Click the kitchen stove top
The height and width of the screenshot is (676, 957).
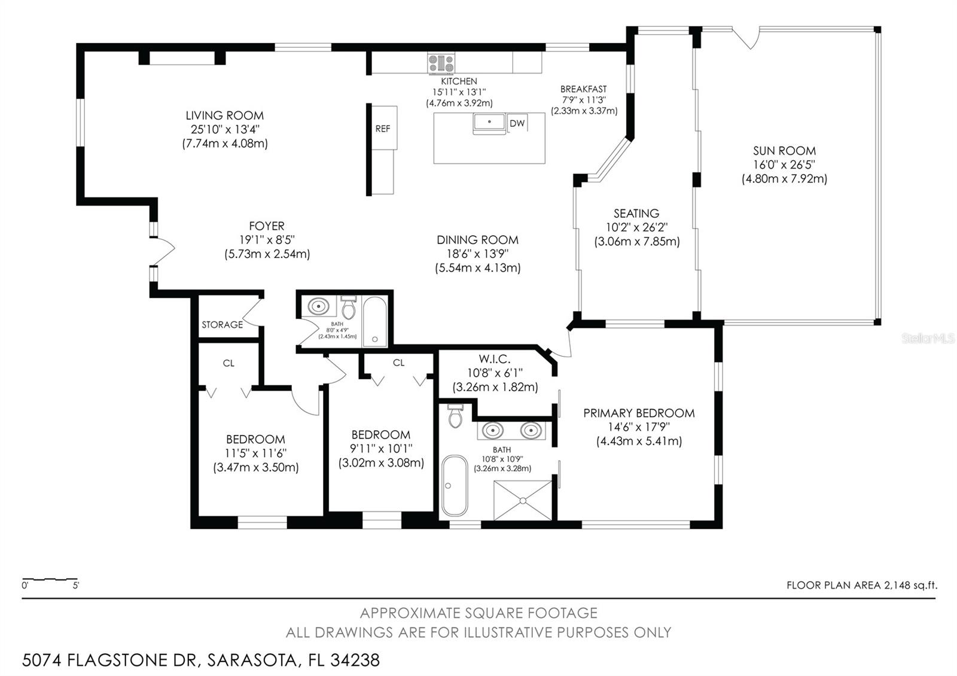click(x=441, y=63)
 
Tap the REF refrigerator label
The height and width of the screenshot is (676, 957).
click(x=383, y=129)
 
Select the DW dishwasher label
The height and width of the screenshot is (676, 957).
click(x=517, y=123)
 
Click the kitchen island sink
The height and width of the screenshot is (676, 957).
click(x=489, y=123)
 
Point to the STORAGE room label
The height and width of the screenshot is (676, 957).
click(x=222, y=325)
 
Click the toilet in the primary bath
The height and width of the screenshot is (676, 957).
click(x=455, y=416)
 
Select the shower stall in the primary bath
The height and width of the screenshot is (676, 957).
click(x=523, y=500)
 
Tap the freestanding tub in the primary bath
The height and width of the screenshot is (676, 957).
click(x=455, y=485)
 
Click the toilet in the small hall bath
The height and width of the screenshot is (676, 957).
click(x=349, y=307)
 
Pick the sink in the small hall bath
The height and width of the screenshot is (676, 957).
click(x=318, y=306)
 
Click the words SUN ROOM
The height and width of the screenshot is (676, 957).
click(x=784, y=151)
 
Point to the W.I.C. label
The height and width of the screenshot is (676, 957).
click(x=494, y=359)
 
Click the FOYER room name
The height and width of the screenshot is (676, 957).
click(x=267, y=226)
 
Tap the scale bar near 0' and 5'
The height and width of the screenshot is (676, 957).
click(x=50, y=580)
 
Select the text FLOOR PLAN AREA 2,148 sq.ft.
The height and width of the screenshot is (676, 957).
click(x=862, y=586)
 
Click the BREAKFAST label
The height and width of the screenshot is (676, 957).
click(x=584, y=89)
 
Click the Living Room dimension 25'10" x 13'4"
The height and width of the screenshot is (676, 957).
click(x=225, y=129)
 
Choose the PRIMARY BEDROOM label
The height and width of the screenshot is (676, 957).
click(x=639, y=413)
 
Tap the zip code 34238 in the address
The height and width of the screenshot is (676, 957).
click(x=355, y=660)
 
